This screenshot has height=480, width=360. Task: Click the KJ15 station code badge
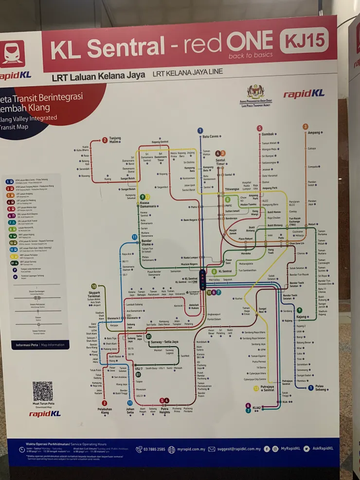304,41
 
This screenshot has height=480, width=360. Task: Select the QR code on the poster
43,391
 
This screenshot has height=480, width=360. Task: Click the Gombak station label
268,134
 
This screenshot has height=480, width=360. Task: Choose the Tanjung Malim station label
115,140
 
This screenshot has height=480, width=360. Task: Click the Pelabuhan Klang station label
104,411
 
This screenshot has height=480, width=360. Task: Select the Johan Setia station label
130,411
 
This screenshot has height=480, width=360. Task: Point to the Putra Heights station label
165,411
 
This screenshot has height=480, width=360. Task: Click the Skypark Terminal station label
94,294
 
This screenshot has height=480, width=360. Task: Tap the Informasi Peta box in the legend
40,345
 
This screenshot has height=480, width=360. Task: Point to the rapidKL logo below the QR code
44,414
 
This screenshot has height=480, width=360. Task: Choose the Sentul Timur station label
220,161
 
